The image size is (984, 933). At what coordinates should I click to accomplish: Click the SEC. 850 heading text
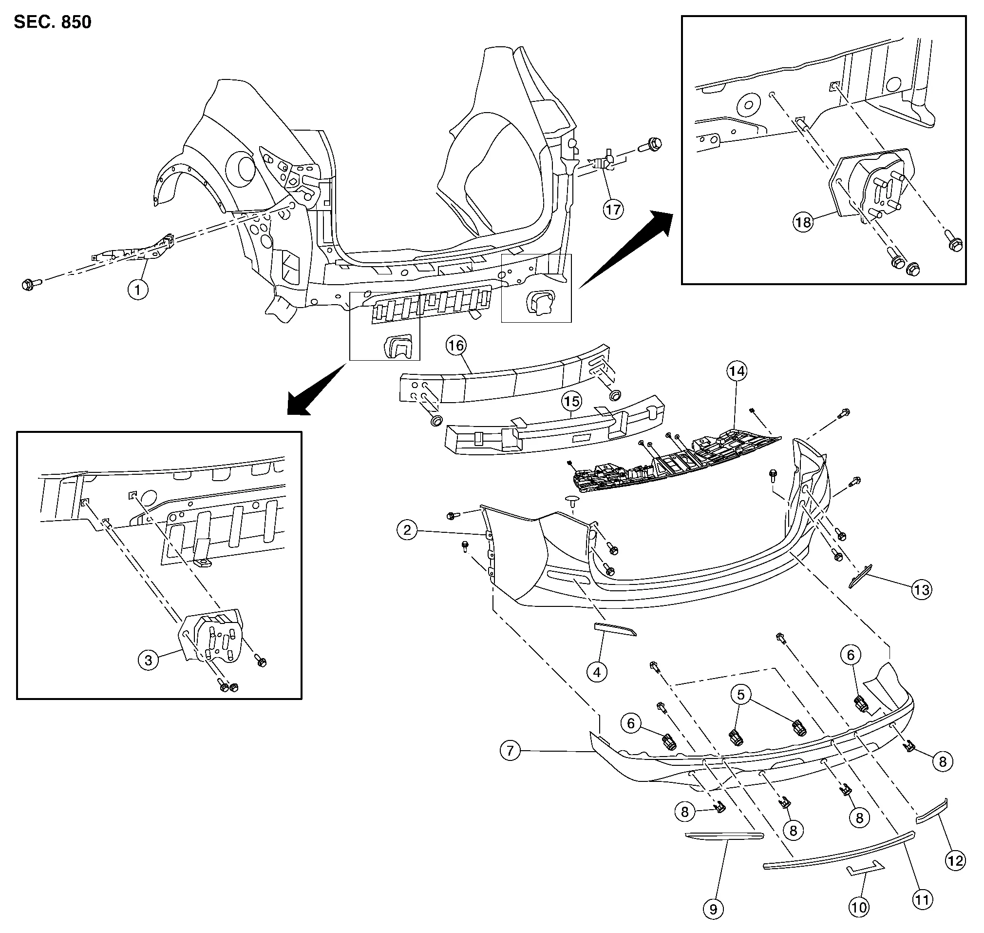53,22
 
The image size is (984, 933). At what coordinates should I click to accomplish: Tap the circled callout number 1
138,289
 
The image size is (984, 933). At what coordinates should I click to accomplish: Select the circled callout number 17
613,210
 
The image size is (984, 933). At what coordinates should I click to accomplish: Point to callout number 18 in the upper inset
803,222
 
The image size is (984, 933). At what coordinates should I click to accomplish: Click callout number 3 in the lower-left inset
148,661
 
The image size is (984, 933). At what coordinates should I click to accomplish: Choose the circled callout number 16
456,345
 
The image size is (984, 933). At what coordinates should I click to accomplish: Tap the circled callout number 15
571,401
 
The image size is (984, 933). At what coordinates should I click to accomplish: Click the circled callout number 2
407,530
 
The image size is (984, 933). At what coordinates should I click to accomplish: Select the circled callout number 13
921,590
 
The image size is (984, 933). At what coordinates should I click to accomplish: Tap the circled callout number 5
741,694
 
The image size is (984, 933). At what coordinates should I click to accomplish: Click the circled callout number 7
510,751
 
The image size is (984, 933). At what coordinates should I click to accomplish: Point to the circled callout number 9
713,909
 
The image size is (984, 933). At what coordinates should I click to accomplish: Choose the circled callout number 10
859,908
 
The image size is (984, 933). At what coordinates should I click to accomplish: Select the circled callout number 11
922,899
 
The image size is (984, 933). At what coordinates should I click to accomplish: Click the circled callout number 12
955,861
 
